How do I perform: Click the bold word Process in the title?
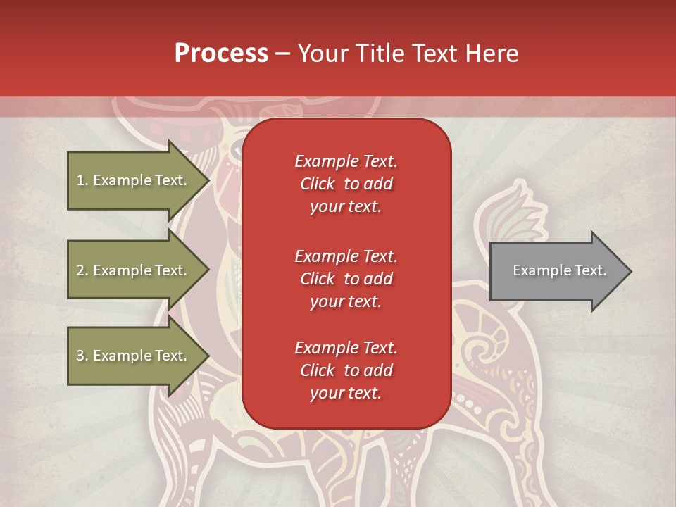[x=221, y=54]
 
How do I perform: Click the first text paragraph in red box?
[x=346, y=184]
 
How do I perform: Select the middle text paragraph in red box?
[x=346, y=278]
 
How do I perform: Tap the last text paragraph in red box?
[x=346, y=370]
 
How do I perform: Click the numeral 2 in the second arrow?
[x=80, y=270]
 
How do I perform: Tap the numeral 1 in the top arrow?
[x=80, y=180]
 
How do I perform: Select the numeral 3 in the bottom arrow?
[x=80, y=356]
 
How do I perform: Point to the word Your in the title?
[x=324, y=54]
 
